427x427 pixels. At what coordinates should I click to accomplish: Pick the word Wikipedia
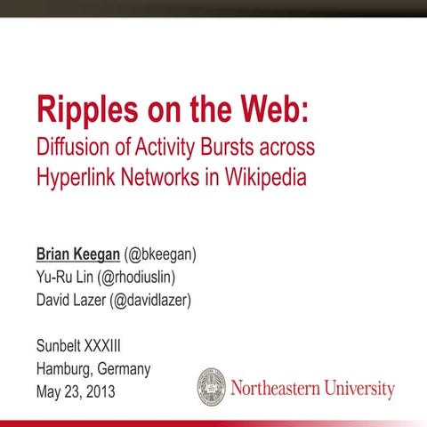click(264, 176)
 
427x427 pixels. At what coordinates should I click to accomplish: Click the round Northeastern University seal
click(211, 387)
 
